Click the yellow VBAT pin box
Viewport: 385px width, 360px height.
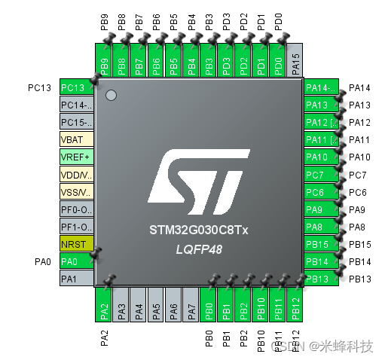(76, 140)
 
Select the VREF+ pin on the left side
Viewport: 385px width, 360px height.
(76, 157)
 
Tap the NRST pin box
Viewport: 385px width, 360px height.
(76, 244)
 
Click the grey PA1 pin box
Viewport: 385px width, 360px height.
(76, 279)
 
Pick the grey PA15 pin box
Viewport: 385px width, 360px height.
(296, 61)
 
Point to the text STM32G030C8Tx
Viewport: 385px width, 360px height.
(198, 227)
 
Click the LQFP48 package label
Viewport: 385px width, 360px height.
(198, 246)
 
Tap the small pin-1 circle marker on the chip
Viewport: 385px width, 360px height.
(112, 96)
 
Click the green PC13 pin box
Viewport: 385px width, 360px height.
(76, 88)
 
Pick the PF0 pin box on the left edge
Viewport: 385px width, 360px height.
(76, 209)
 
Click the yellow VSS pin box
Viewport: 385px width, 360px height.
(76, 192)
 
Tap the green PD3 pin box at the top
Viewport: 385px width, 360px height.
(226, 61)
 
